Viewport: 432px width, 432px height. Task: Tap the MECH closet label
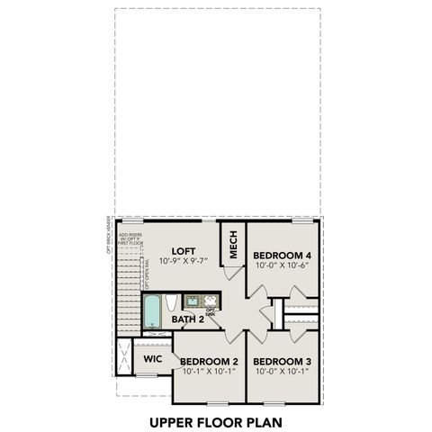[x=233, y=245]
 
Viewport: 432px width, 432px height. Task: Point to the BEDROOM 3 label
[x=283, y=360]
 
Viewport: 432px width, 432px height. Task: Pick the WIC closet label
[x=153, y=359]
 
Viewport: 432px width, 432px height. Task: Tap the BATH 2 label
[x=189, y=319]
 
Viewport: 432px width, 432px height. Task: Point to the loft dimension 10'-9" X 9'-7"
[x=183, y=261]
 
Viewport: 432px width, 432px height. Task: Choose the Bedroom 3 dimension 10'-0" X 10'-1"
[x=283, y=370]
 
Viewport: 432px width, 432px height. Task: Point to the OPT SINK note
[x=211, y=312]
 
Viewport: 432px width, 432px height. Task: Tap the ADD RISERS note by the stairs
[x=130, y=238]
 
